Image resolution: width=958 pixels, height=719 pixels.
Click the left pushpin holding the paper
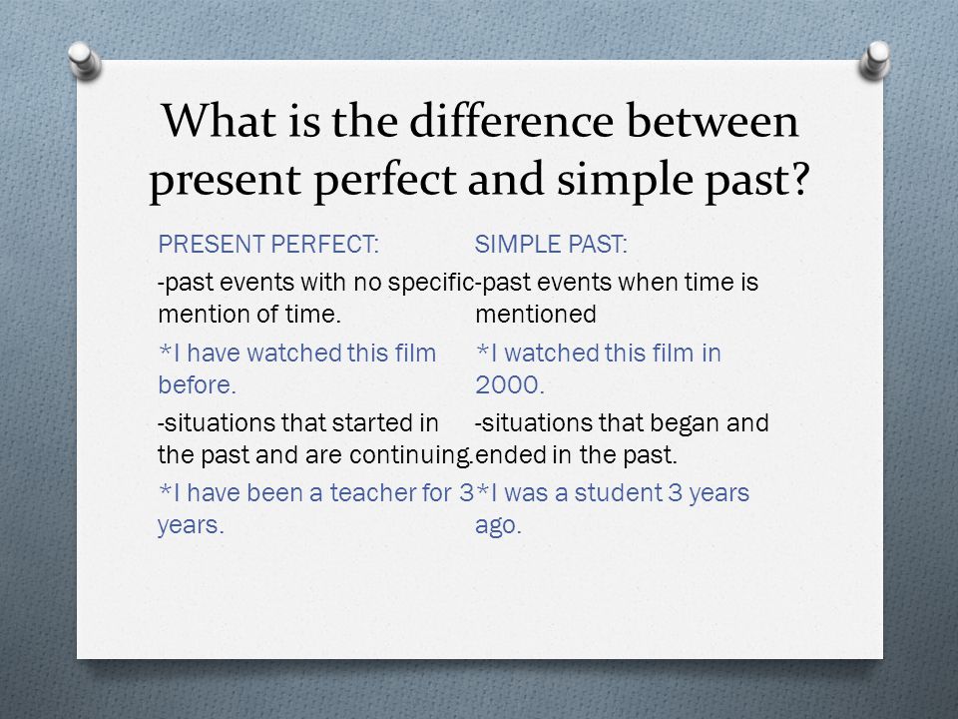point(84,60)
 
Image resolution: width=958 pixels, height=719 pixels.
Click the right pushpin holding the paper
point(875,60)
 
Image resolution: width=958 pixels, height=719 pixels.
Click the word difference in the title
point(511,121)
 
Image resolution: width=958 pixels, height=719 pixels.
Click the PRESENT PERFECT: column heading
point(268,245)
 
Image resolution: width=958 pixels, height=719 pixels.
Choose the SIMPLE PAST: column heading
point(551,245)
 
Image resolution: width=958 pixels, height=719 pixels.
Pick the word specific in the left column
point(431,283)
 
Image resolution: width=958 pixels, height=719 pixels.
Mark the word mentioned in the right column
point(535,315)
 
